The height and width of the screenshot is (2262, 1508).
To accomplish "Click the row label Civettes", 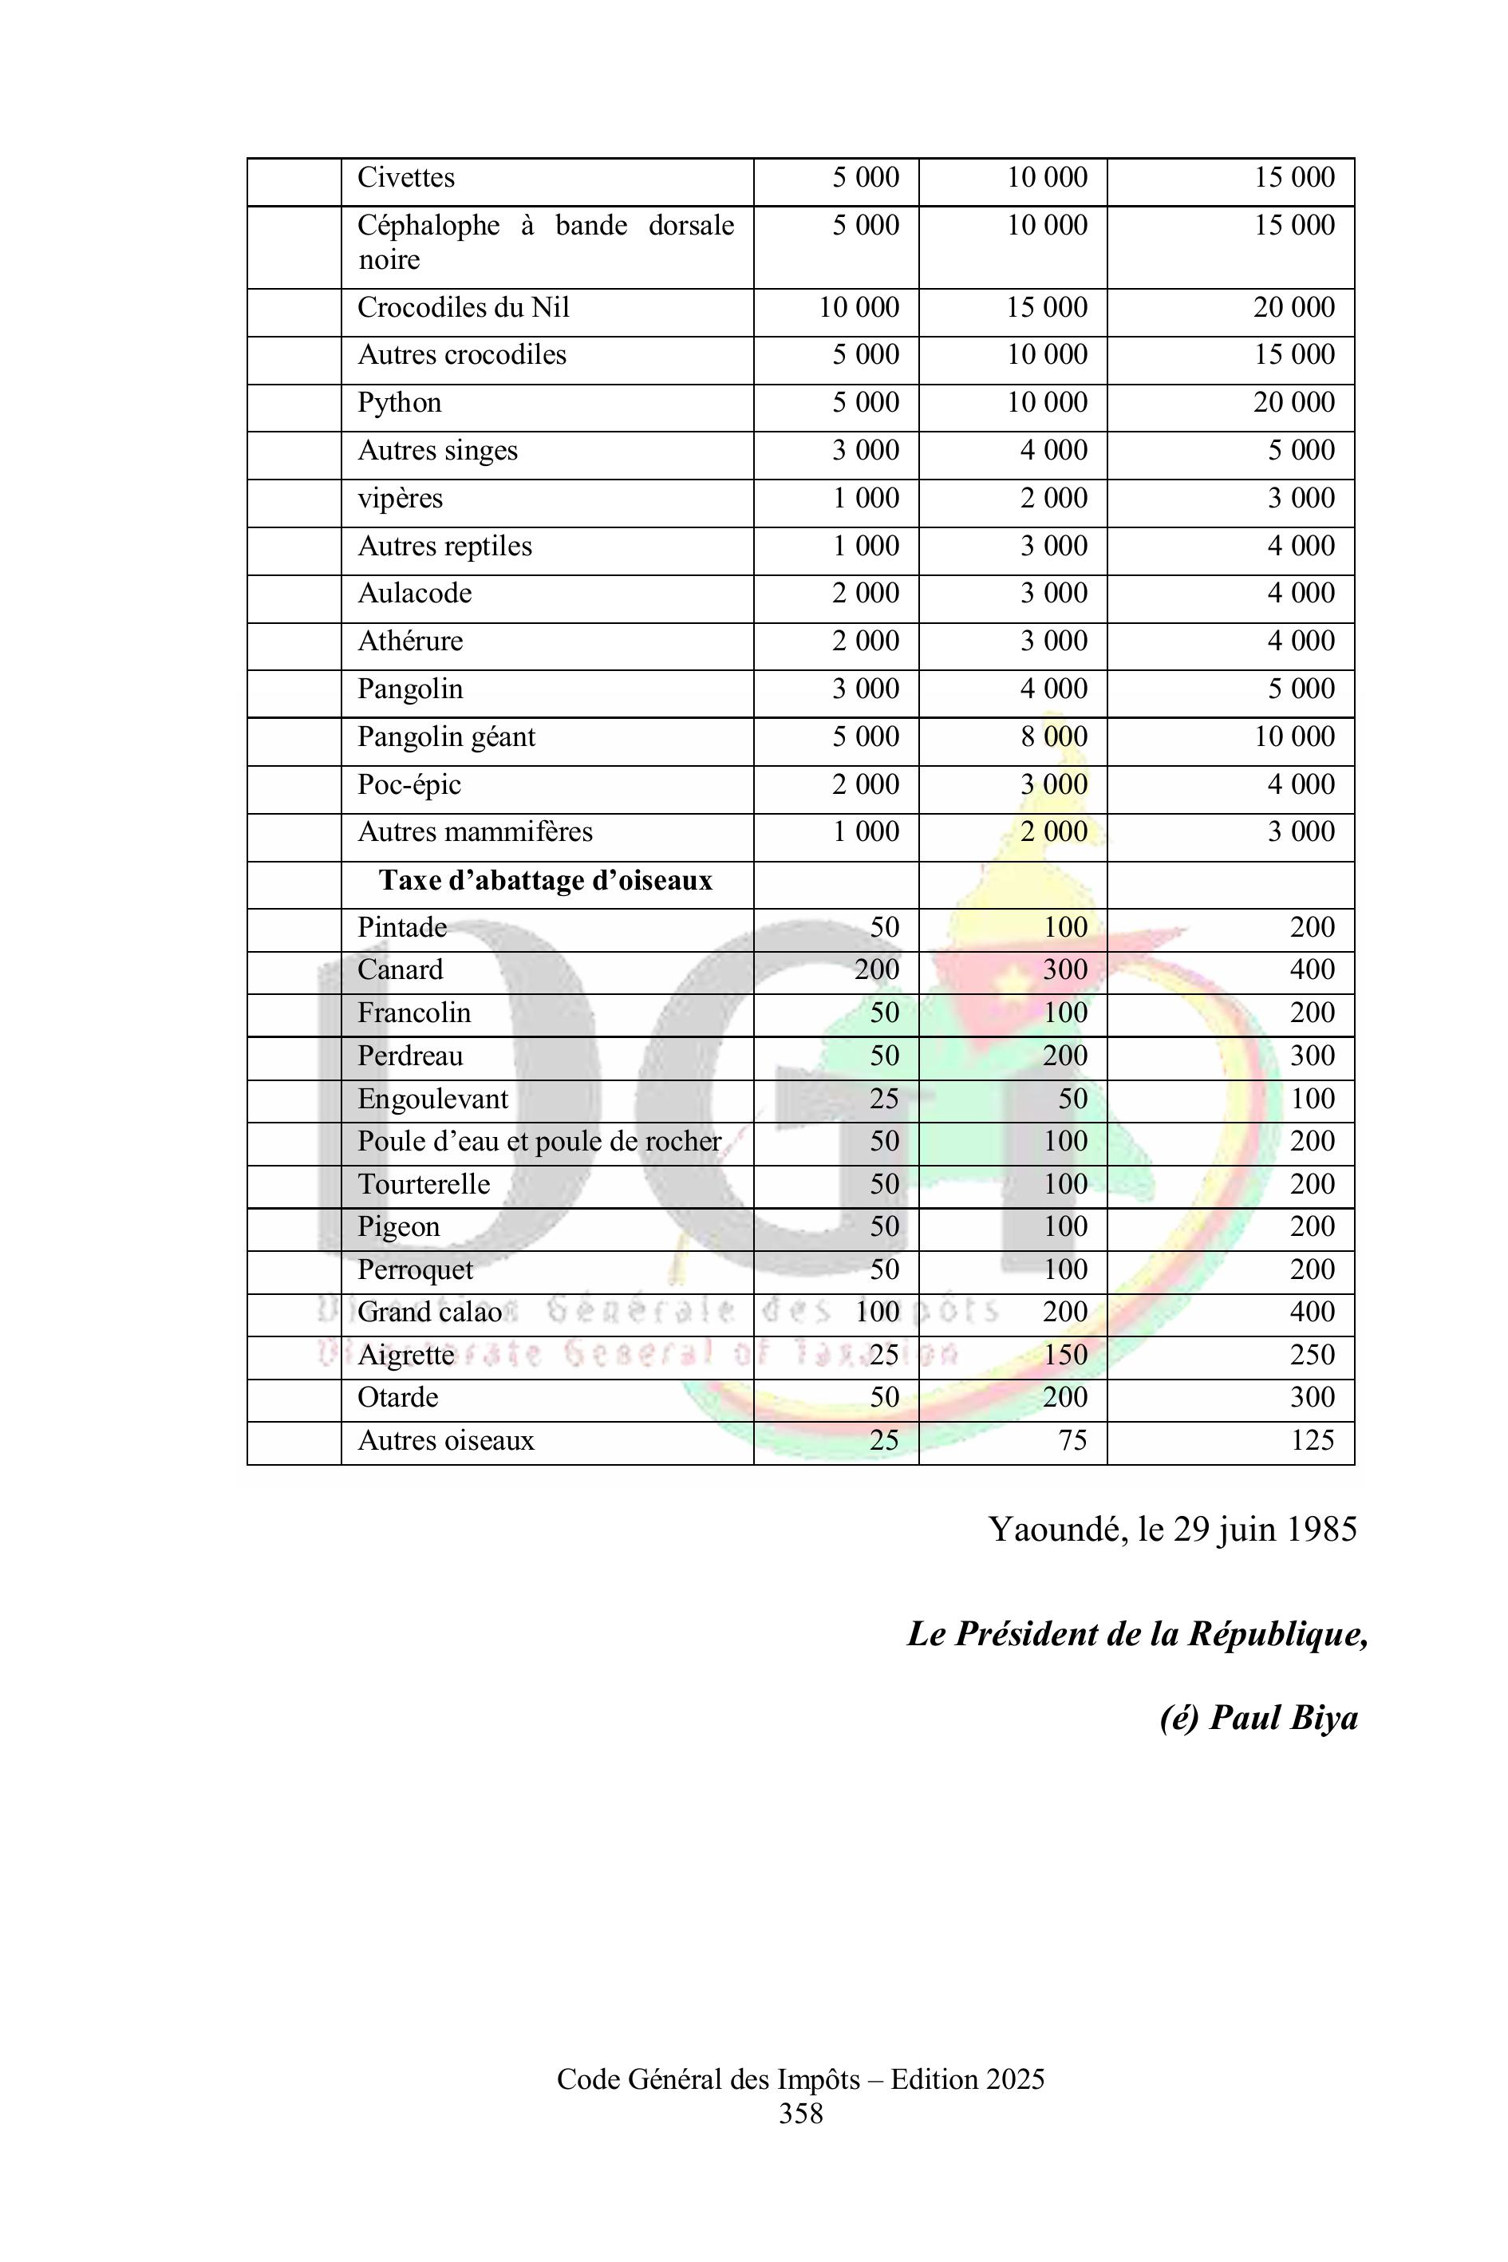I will [x=406, y=178].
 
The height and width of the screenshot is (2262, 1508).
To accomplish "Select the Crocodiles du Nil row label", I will [x=464, y=308].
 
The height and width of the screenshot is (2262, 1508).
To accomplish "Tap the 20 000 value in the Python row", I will [x=1293, y=403].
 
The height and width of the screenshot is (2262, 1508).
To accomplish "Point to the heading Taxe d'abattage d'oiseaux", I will [x=545, y=881].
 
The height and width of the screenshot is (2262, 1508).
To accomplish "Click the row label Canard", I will [x=400, y=970].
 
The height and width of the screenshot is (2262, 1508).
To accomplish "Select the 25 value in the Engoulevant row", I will [x=884, y=1099].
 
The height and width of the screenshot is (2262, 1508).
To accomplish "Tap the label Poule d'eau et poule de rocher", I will [x=539, y=1143].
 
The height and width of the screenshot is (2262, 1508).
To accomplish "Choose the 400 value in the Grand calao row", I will [x=1312, y=1313].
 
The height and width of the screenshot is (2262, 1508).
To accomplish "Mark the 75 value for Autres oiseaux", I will [x=1072, y=1441].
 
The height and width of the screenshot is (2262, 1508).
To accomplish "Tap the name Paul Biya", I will [x=1284, y=1719].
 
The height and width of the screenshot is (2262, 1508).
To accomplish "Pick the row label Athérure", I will [x=411, y=641].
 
